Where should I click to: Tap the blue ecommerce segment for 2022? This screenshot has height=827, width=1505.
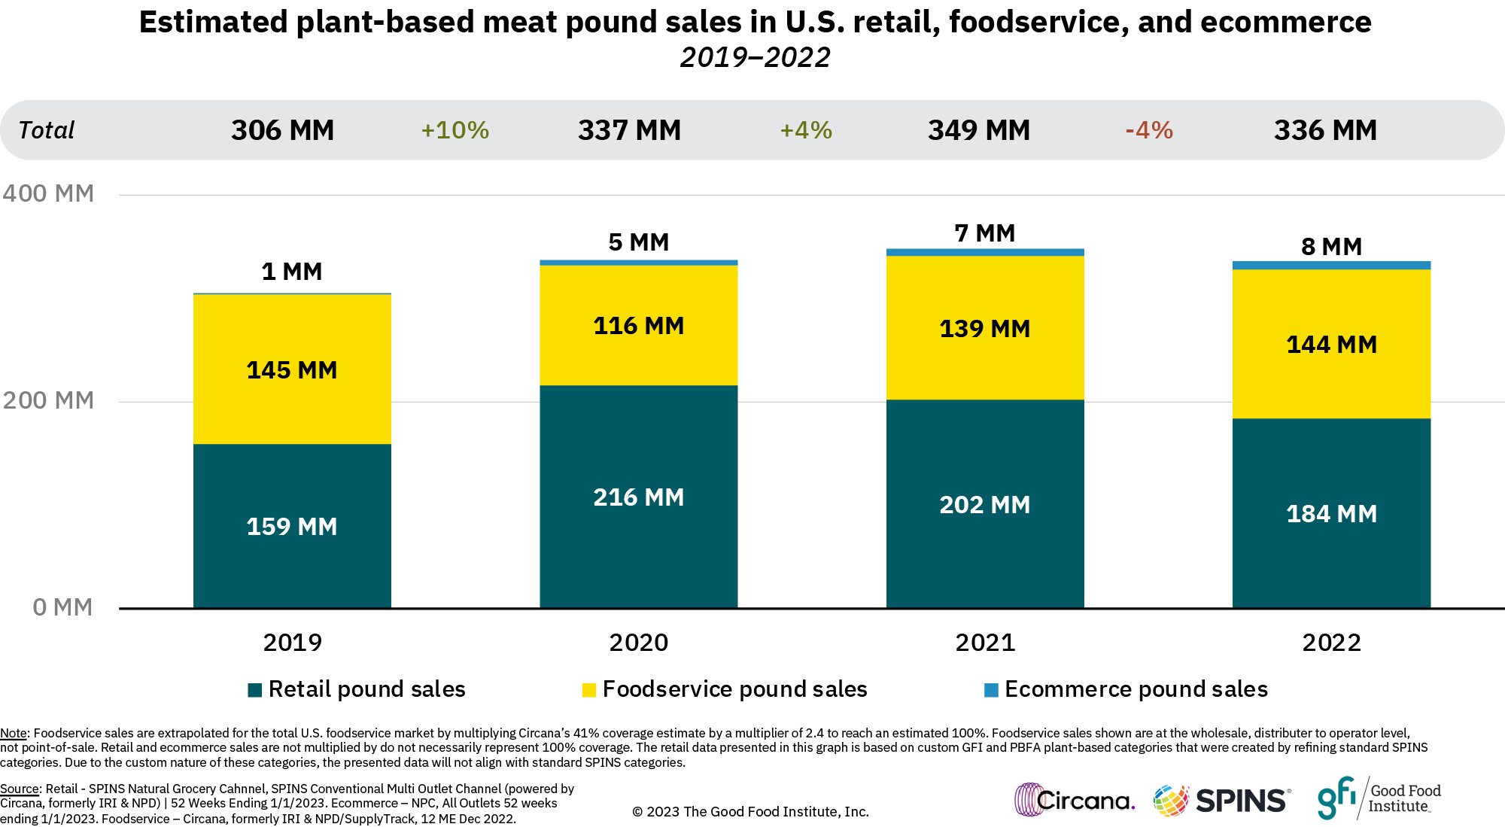tap(1331, 265)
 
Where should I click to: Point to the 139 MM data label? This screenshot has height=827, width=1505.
tap(984, 329)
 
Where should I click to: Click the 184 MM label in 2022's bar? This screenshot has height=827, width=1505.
tap(1331, 514)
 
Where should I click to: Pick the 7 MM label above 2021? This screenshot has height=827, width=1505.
tap(984, 233)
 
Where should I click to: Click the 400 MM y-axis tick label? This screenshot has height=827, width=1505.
tap(48, 193)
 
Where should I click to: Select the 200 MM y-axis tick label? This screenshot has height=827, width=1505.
tap(48, 400)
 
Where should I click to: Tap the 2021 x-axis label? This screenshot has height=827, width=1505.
tap(985, 643)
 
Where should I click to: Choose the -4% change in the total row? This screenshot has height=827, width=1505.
tap(1149, 130)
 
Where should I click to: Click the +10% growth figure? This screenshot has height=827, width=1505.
tap(455, 130)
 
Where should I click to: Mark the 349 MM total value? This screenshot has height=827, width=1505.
tap(978, 130)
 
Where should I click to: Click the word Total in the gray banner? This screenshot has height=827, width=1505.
tap(47, 130)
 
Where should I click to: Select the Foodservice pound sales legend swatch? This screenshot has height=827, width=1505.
tap(589, 690)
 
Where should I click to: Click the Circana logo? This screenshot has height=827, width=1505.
tap(1074, 800)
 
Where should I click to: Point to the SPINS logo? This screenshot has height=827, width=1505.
tap(1222, 800)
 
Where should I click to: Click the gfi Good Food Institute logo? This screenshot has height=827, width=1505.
tap(1379, 798)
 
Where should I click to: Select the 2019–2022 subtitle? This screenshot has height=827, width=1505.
tap(755, 58)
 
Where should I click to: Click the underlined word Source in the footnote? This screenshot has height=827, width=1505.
tap(20, 789)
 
